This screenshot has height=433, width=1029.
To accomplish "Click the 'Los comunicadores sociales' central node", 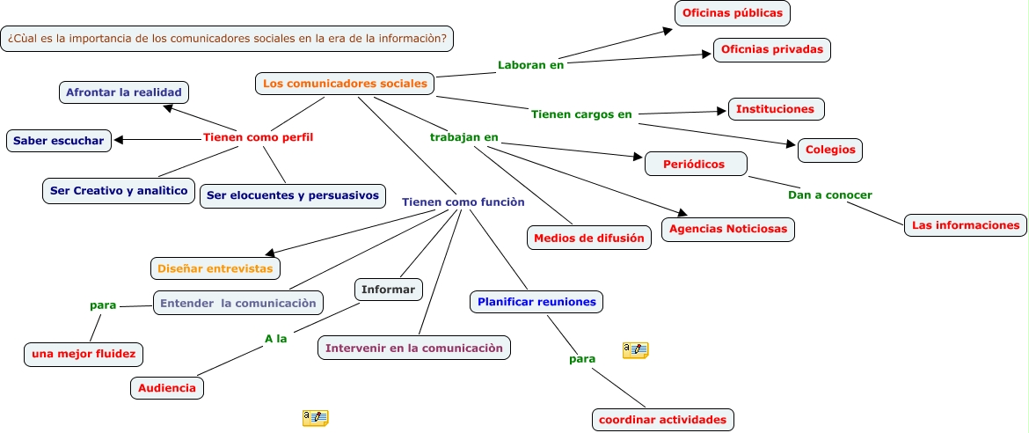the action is pos(345,84).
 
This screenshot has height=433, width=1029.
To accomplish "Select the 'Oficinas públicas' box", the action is pos(733,13).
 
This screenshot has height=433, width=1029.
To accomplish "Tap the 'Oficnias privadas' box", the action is pos(772,50).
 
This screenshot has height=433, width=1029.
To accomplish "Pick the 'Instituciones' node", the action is pos(776,109).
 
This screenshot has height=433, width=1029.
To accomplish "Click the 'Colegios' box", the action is pos(830,150).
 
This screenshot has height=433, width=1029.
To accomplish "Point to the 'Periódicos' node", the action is pos(696,165).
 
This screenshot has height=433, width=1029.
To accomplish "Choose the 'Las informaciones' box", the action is pos(966,225).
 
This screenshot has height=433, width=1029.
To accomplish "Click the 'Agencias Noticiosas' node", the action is pos(728,230).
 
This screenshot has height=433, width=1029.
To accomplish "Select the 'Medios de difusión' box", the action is pos(588,238).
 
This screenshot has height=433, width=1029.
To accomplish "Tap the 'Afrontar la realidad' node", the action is pos(124,92).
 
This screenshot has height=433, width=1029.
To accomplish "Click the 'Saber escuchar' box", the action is pos(58,141).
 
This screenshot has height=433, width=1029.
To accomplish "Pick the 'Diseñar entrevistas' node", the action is pos(215,268).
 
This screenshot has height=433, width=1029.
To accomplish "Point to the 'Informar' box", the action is pos(389,289).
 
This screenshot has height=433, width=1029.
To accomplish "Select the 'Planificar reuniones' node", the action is pos(536,302).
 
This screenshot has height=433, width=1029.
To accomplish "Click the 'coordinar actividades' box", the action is pos(663,420).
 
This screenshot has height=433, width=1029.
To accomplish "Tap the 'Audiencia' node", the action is pos(167,387).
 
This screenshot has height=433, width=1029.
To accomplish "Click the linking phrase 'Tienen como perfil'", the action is pos(258,137).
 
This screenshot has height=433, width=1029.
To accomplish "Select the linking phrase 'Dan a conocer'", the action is pos(830,195).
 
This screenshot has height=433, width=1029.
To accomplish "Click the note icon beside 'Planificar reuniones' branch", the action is pos(635,350).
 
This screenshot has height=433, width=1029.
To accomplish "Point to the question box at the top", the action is pos(227,39).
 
